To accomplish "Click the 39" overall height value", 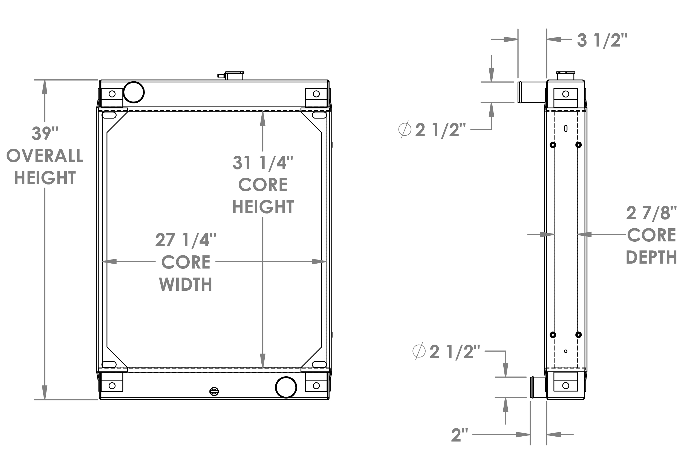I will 45,134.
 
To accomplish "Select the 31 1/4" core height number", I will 262,163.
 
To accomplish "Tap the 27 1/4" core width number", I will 186,240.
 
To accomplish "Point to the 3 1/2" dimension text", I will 602,40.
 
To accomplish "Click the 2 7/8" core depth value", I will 651,213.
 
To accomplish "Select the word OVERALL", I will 45,156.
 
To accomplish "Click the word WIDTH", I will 186,284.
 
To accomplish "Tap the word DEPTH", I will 651,257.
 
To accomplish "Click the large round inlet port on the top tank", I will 134,92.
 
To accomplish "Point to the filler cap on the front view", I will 234,75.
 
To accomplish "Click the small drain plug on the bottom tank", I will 214,391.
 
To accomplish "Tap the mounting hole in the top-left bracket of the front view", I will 112,94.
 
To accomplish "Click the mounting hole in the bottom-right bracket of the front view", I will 316,386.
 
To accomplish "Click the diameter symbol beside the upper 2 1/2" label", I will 405,129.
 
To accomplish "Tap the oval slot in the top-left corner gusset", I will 109,115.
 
